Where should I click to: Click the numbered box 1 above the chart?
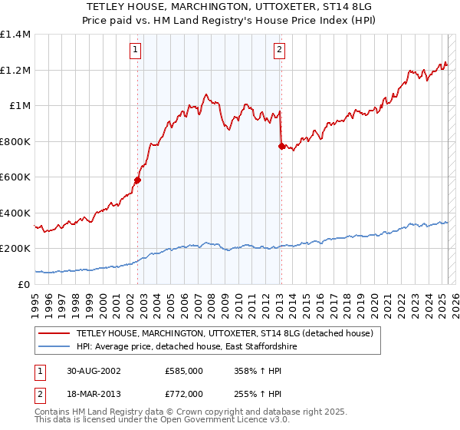coord(135,51)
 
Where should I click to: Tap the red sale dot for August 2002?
coord(138,180)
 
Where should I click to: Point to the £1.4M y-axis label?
coord(15,35)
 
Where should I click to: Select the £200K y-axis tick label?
coord(15,249)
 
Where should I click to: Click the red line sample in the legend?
coord(54,333)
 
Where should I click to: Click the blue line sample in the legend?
coord(54,347)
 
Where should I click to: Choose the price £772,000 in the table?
coord(183,393)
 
